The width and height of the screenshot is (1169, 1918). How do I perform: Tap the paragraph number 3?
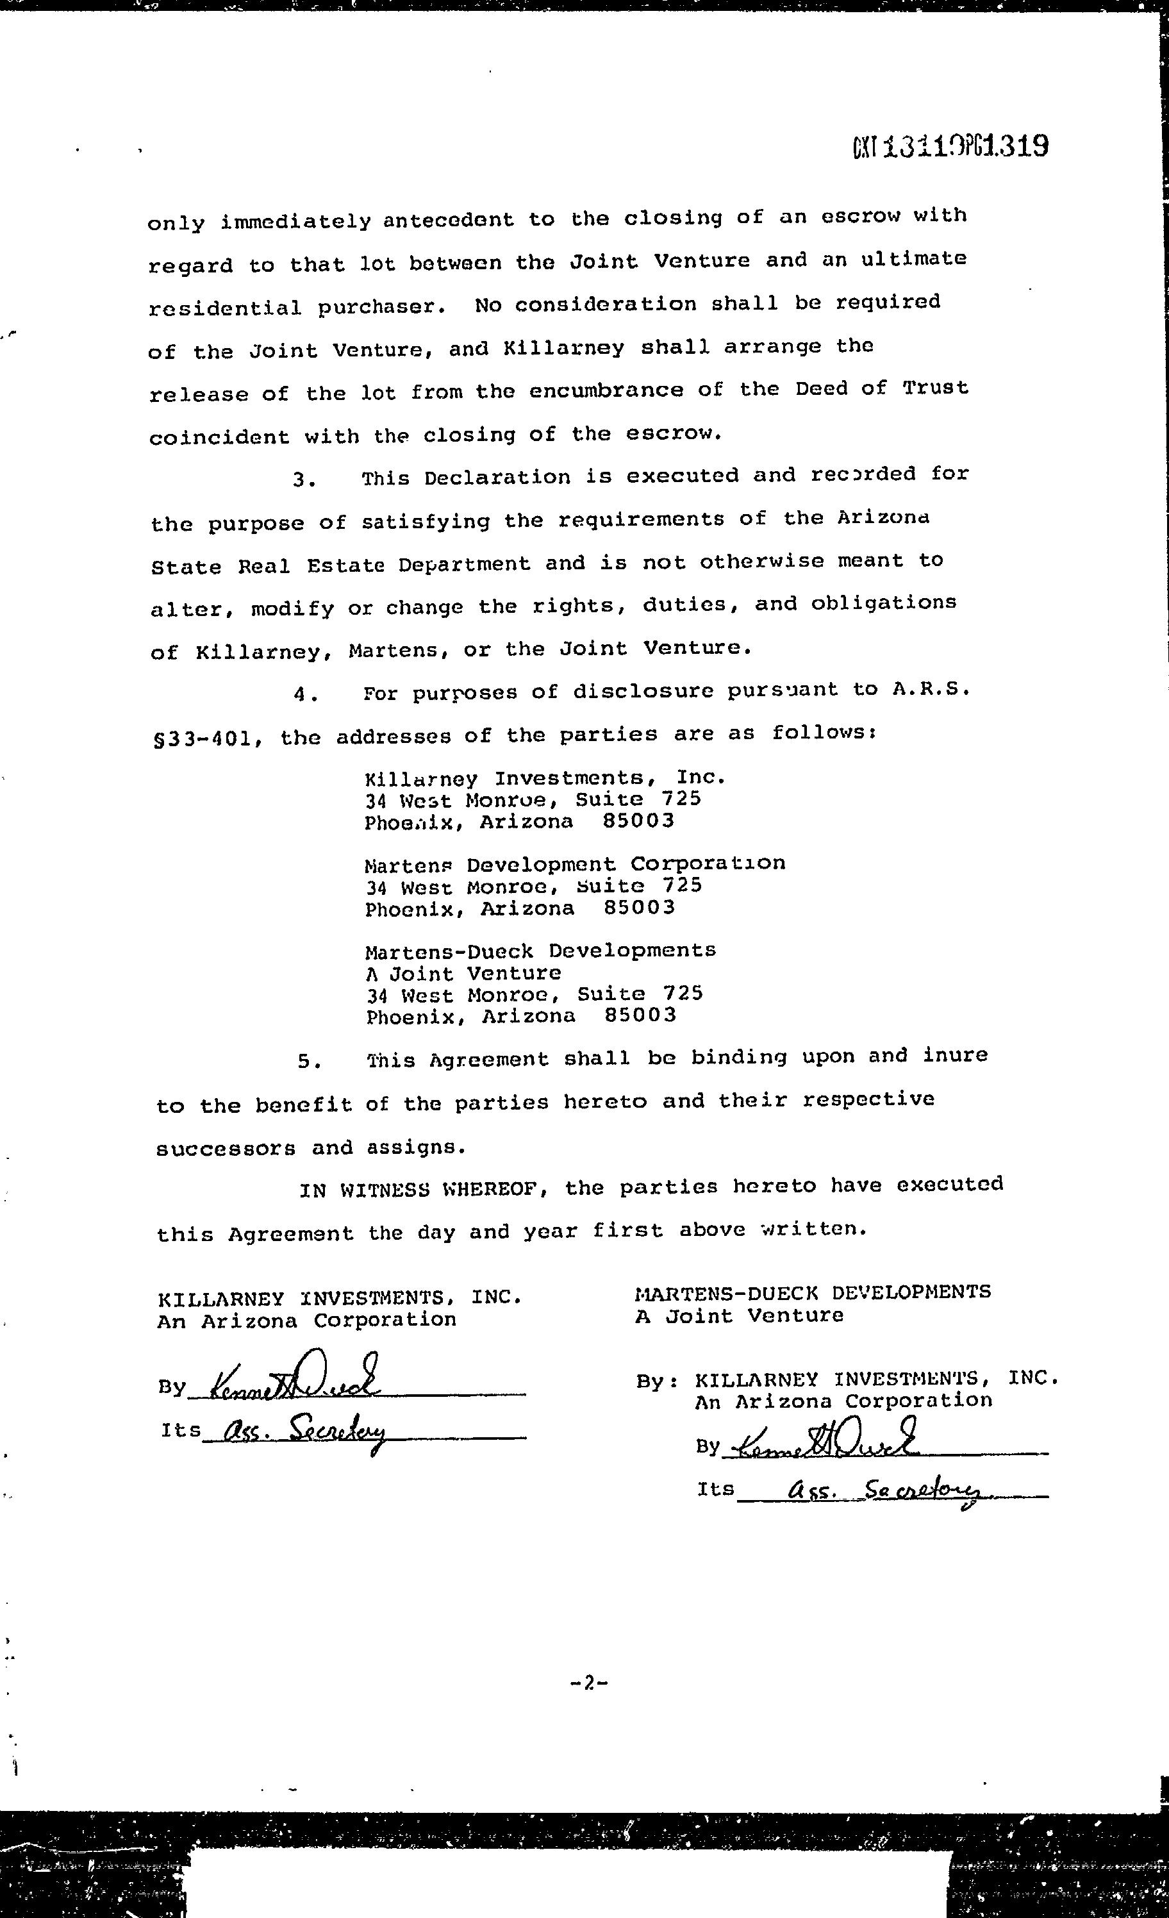pos(304,480)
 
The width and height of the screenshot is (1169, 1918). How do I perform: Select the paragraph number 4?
pos(306,695)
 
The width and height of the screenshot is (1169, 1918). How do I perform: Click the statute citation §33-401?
pos(204,737)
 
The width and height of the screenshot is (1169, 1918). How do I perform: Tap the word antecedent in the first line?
pos(448,221)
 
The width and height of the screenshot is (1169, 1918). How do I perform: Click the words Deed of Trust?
pos(881,388)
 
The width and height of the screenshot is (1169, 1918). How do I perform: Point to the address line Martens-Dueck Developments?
pos(540,951)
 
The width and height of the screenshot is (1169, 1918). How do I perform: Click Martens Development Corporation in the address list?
pos(574,864)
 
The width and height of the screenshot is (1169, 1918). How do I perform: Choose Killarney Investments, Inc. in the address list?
pos(545,778)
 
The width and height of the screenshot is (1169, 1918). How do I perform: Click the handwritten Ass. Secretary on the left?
pos(304,1430)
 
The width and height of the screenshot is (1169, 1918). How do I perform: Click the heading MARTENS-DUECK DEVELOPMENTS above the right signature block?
pos(813,1292)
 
